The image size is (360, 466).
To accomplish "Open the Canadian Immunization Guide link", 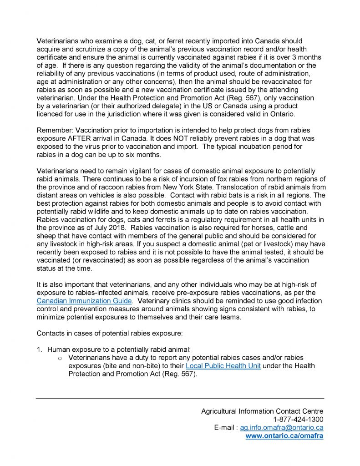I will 84,301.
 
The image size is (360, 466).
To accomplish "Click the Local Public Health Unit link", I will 223,366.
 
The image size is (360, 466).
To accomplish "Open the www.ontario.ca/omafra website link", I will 284,436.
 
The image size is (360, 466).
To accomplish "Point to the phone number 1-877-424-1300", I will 298,419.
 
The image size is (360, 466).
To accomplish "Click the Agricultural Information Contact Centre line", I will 262,411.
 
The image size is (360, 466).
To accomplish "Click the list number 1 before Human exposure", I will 39,349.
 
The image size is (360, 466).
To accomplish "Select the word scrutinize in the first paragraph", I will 84,49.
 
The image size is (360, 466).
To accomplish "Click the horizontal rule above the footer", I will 180,399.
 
